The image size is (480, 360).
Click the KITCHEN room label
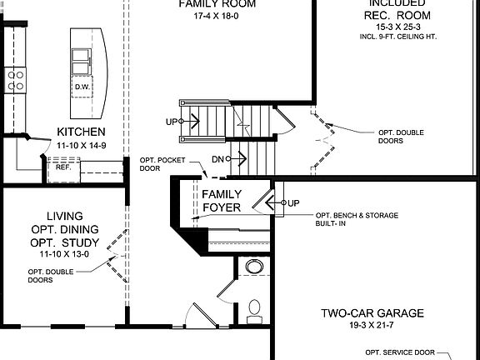pyautogui.click(x=81, y=132)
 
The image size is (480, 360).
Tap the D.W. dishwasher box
pyautogui.click(x=82, y=87)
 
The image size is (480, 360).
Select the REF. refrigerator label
pyautogui.click(x=63, y=167)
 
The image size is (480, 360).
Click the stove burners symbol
pyautogui.click(x=15, y=79)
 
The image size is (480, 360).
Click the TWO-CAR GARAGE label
pyautogui.click(x=372, y=314)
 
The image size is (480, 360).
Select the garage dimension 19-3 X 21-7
pyautogui.click(x=372, y=327)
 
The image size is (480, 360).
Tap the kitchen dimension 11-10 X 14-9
pyautogui.click(x=81, y=145)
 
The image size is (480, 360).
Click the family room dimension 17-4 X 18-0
pyautogui.click(x=216, y=15)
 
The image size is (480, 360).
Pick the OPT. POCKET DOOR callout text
pyautogui.click(x=158, y=163)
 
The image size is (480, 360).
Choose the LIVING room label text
pyautogui.click(x=64, y=216)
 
